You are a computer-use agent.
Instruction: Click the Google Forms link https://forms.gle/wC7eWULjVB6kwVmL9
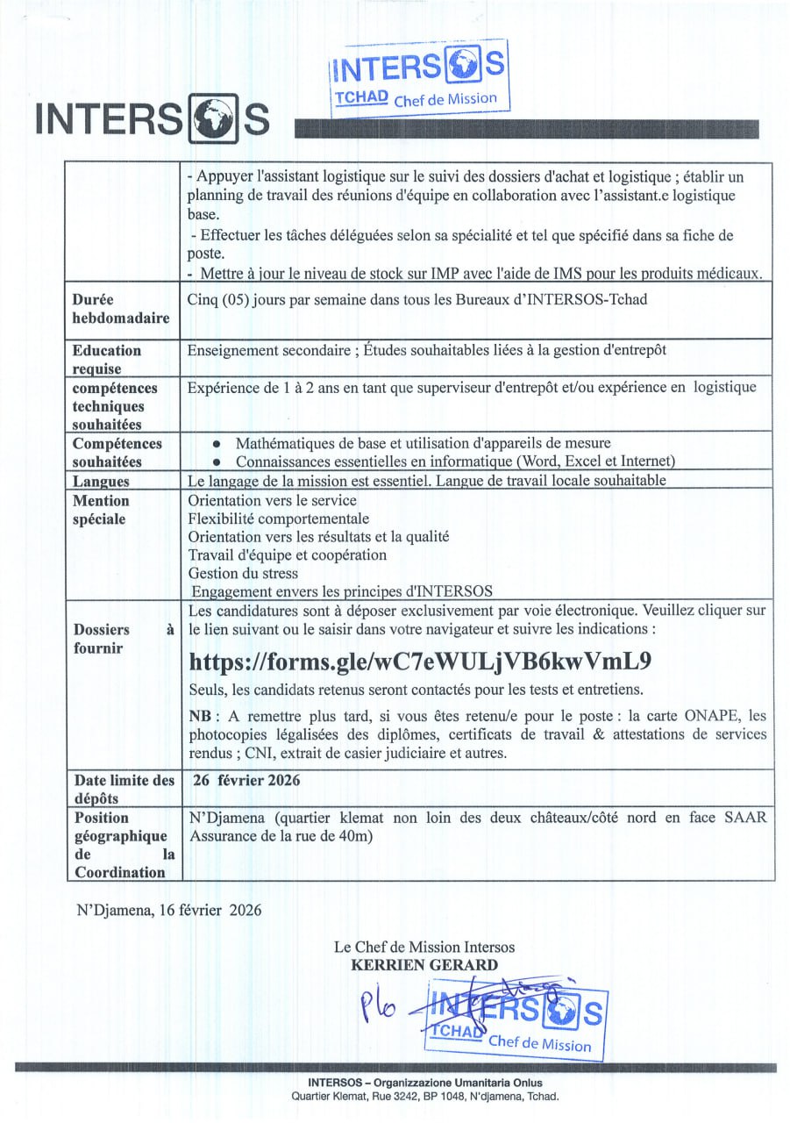pyautogui.click(x=420, y=660)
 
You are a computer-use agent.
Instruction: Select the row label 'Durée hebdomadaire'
pyautogui.click(x=120, y=309)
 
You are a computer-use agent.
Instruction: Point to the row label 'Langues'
pyautogui.click(x=101, y=482)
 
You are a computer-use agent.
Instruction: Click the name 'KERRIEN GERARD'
pyautogui.click(x=424, y=965)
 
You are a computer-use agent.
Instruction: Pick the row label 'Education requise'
pyautogui.click(x=107, y=359)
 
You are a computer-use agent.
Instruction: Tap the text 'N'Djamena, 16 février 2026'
pyautogui.click(x=168, y=910)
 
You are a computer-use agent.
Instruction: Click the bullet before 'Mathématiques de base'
pyautogui.click(x=216, y=444)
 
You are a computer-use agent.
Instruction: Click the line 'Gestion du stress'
pyautogui.click(x=243, y=573)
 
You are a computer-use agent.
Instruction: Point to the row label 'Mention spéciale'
pyautogui.click(x=101, y=510)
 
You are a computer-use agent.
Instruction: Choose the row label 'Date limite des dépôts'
pyautogui.click(x=123, y=789)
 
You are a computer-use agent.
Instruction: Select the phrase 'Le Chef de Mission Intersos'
pyautogui.click(x=424, y=948)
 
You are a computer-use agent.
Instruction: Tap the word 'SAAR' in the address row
pyautogui.click(x=745, y=818)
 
